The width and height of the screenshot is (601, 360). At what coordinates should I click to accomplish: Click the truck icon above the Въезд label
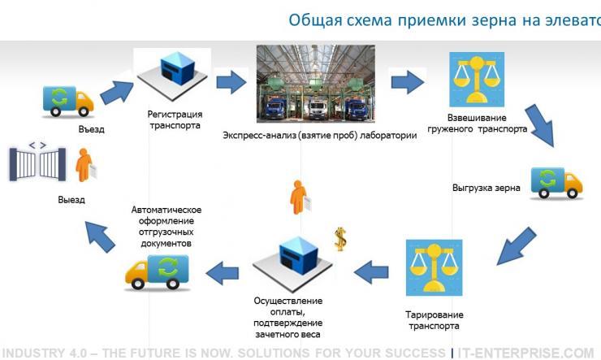click(67, 100)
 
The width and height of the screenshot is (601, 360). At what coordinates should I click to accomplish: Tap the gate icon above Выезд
click(37, 162)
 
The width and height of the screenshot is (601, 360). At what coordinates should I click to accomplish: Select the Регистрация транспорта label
click(175, 119)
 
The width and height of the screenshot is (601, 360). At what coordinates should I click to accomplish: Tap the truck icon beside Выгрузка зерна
click(556, 182)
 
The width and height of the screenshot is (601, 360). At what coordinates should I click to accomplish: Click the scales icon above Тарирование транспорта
click(434, 267)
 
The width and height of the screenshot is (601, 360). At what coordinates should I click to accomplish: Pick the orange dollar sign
click(341, 238)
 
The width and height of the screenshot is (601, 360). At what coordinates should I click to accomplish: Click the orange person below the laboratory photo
click(298, 198)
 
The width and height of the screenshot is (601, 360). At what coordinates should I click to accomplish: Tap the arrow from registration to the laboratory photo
click(231, 82)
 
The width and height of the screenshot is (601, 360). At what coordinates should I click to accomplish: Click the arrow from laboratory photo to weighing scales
click(408, 82)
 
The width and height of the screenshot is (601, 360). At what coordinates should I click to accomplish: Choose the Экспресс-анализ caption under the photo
click(319, 136)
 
